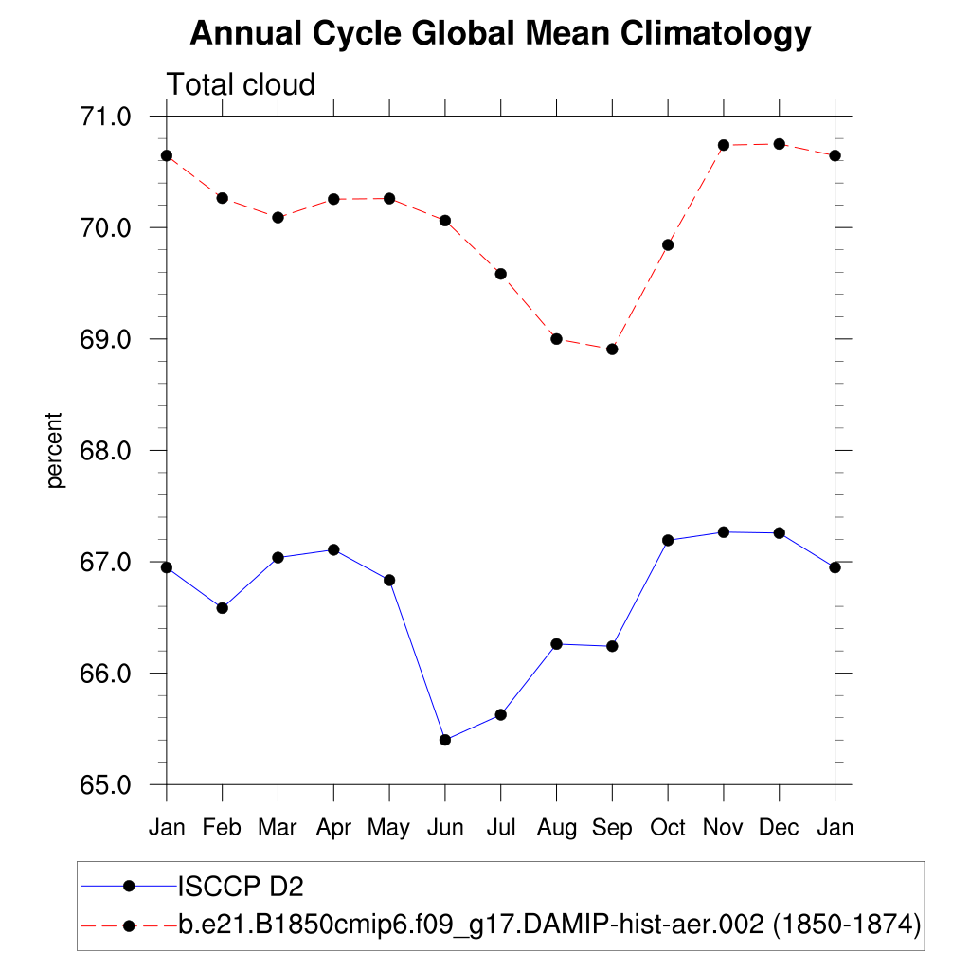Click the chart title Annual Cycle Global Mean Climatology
500,34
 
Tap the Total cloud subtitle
241,85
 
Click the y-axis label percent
56,450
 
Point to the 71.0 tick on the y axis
107,117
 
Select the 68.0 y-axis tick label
107,451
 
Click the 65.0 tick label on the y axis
107,785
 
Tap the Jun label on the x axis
444,828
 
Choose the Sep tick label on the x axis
612,828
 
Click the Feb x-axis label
222,828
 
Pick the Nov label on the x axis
724,828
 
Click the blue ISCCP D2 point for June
445,740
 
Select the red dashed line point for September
612,350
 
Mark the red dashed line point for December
780,144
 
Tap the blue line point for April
333,549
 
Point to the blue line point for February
222,608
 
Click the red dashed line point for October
668,244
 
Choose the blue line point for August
556,644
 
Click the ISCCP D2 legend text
241,887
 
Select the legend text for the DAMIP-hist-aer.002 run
549,924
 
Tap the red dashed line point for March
278,217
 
